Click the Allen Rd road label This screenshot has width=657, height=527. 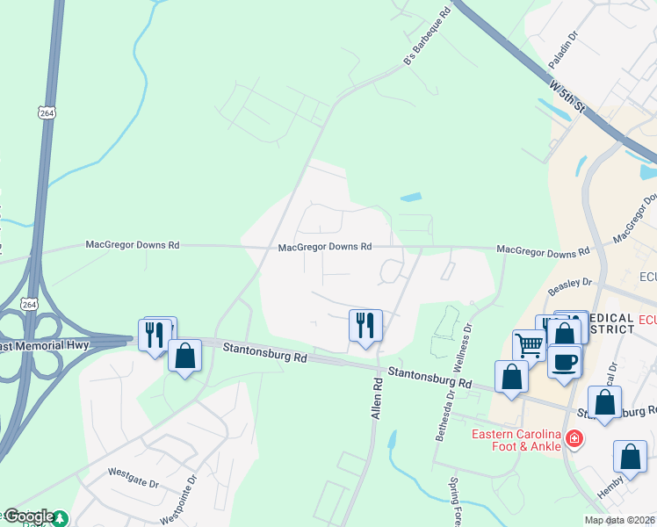[379, 398]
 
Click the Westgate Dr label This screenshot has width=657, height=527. [133, 472]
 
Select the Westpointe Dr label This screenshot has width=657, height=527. [193, 496]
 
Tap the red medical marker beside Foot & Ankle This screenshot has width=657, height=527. [574, 437]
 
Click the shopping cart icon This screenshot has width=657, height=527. [529, 344]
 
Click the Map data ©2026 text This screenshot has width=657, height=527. [618, 520]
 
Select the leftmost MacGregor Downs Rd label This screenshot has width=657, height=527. [132, 244]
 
